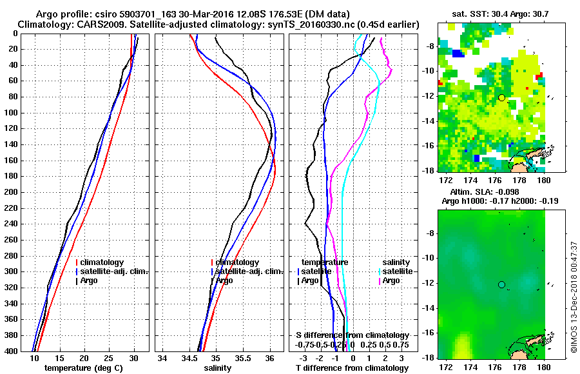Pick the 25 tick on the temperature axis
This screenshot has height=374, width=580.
click(x=109, y=359)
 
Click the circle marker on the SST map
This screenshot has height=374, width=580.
click(x=501, y=97)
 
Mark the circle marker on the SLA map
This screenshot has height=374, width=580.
click(x=501, y=284)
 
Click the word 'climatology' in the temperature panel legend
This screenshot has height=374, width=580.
click(x=103, y=262)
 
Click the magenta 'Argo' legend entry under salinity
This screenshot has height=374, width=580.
click(x=392, y=280)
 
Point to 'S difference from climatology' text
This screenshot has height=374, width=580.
click(x=352, y=335)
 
